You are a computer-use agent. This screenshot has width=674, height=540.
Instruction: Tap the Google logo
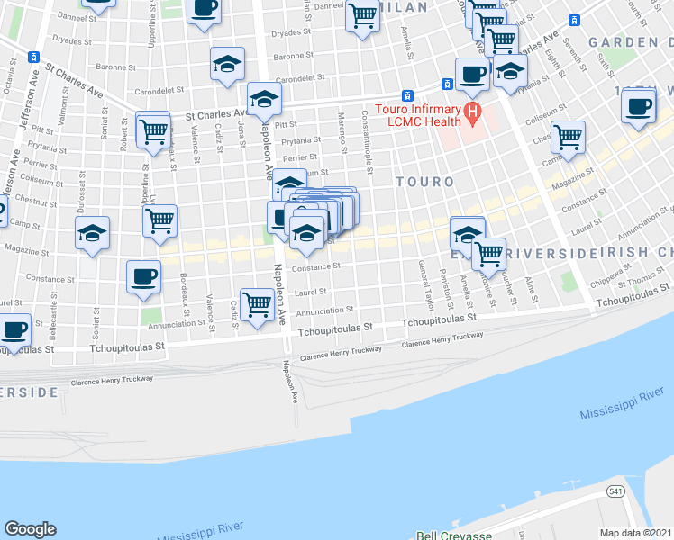(x=30, y=528)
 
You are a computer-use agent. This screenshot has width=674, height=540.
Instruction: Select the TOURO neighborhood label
(x=424, y=182)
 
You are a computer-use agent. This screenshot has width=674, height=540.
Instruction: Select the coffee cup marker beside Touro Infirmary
(x=472, y=74)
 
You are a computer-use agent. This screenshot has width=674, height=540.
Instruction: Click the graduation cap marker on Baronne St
(x=227, y=64)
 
